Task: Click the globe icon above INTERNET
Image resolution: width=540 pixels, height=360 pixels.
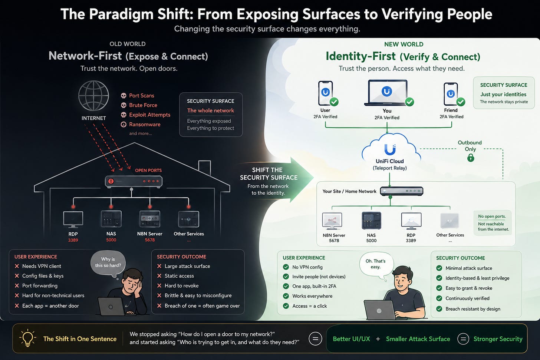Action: [x=93, y=96]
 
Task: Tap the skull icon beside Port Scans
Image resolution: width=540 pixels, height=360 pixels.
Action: [x=124, y=96]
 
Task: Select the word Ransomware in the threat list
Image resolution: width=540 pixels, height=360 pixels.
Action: [x=145, y=124]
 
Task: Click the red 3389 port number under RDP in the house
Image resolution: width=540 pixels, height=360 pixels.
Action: [x=73, y=240]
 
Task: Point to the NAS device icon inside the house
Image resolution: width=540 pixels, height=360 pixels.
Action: [x=111, y=219]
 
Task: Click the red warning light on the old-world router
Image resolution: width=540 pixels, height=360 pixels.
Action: [x=111, y=181]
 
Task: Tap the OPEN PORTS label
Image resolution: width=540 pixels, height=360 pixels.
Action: [x=148, y=171]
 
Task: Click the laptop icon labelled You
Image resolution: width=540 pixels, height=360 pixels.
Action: [x=387, y=93]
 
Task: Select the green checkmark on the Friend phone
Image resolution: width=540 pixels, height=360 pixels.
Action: [x=461, y=102]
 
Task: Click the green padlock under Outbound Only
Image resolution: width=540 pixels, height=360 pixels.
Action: [x=471, y=158]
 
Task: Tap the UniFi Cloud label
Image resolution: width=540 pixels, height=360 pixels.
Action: [x=389, y=161]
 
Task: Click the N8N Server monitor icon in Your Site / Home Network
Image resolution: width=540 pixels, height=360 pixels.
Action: [x=332, y=221]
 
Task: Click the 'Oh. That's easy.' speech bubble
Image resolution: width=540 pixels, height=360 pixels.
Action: [x=376, y=264]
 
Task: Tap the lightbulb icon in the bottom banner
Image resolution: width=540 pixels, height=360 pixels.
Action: [x=27, y=338]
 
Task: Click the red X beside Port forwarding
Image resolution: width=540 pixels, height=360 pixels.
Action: [x=17, y=285]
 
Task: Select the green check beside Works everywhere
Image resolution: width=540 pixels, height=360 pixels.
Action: [x=286, y=296]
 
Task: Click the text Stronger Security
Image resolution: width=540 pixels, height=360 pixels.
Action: [x=498, y=339]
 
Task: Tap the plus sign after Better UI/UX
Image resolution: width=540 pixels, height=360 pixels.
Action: [x=378, y=339]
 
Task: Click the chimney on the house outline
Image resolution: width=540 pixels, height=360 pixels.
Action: [x=204, y=168]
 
